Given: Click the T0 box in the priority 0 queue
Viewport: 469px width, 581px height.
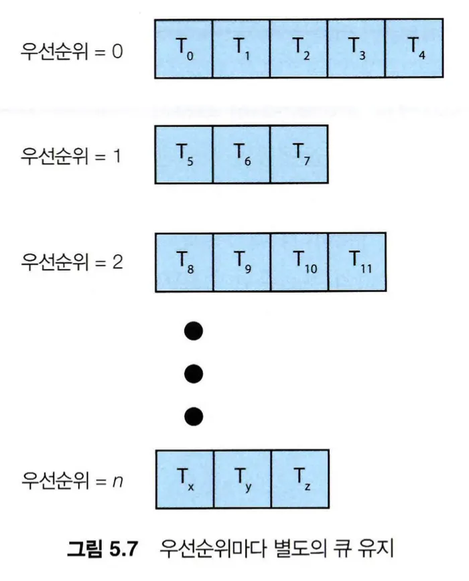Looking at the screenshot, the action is click(184, 49).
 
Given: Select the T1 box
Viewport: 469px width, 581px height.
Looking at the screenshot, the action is click(241, 49).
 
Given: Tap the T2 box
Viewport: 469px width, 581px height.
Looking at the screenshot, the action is click(299, 49).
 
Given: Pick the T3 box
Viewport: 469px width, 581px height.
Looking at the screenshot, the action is click(356, 49).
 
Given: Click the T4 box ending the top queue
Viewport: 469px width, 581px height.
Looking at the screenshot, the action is click(414, 49).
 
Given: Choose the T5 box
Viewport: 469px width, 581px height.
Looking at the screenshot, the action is click(184, 155).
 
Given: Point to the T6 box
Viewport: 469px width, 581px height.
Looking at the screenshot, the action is click(241, 155).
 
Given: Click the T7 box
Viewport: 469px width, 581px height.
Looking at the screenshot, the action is click(299, 155).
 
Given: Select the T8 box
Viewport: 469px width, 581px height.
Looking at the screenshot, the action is click(184, 262).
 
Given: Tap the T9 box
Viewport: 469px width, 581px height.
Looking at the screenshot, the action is click(241, 262).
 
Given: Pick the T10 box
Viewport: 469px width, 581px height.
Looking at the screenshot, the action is click(299, 262).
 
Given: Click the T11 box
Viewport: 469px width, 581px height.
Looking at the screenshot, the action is click(356, 262).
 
